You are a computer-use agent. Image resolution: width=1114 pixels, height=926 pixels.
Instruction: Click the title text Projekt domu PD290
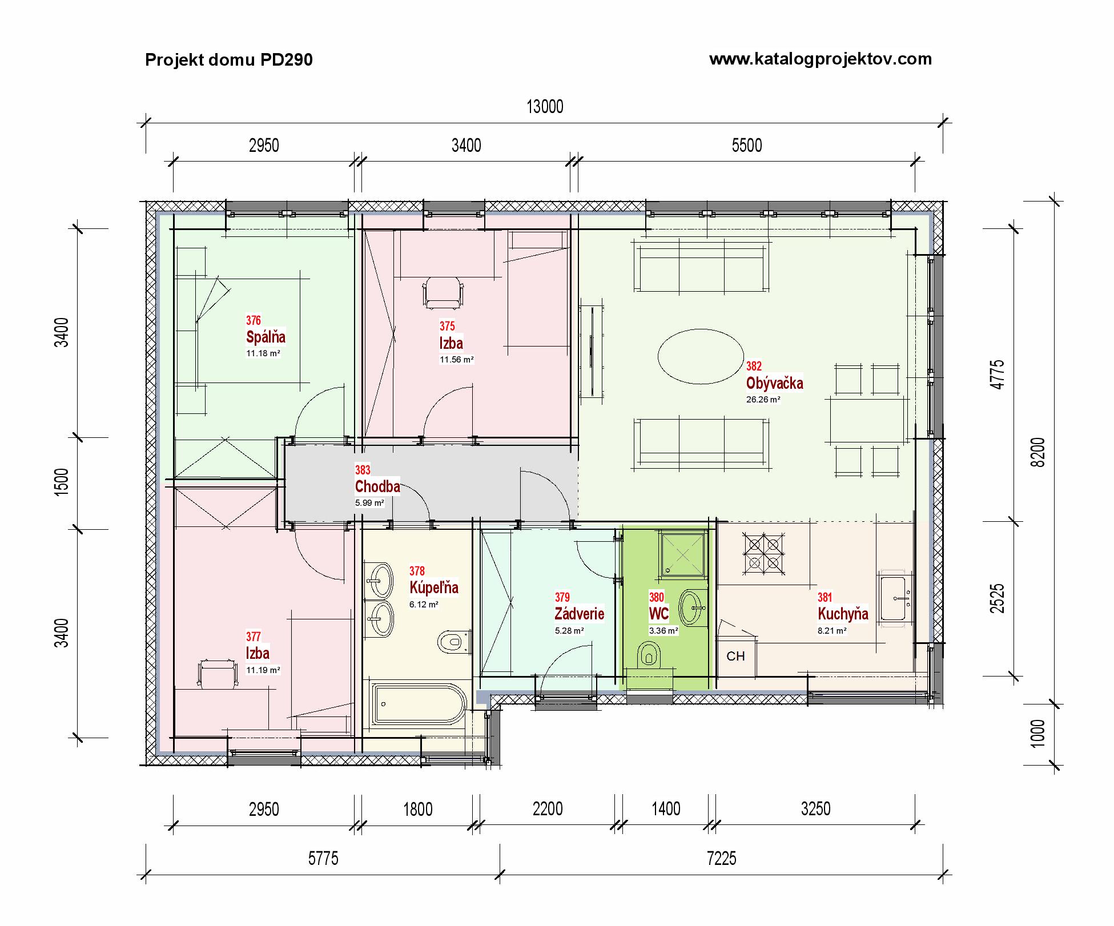tap(228, 60)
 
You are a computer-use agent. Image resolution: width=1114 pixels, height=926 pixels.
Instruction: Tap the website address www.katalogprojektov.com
tap(821, 59)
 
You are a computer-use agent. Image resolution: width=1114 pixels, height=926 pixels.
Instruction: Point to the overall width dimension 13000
tap(545, 107)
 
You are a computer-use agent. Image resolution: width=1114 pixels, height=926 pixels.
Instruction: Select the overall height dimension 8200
tap(1039, 452)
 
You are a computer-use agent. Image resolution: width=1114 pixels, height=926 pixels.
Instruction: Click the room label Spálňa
tap(266, 337)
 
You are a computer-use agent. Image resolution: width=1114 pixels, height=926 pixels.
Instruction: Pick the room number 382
tap(754, 366)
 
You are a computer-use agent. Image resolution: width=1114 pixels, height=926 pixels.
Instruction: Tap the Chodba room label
tap(377, 486)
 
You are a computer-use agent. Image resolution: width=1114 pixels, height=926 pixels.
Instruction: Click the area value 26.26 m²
tap(763, 400)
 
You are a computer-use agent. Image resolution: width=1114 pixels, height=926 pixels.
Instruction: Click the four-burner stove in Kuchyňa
tap(763, 552)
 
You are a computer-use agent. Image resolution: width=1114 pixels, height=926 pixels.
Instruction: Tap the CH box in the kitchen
tap(735, 656)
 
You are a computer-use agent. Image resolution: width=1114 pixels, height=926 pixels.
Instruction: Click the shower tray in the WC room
tap(683, 553)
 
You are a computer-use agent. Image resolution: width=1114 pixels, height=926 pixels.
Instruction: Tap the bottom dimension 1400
tap(666, 809)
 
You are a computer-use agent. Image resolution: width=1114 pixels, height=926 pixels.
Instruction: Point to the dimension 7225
tap(721, 859)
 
